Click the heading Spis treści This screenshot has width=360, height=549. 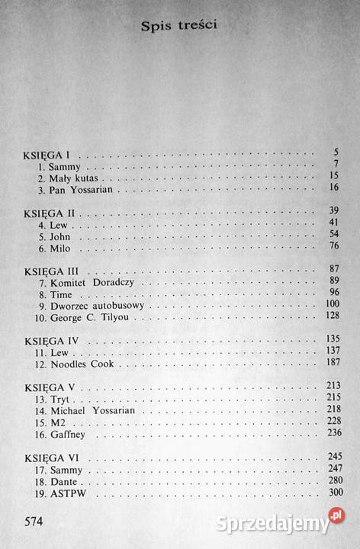(181, 27)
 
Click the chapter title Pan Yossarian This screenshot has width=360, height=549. (79, 187)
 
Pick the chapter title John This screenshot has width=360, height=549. (59, 235)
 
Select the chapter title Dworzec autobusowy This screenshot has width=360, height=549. (95, 306)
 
